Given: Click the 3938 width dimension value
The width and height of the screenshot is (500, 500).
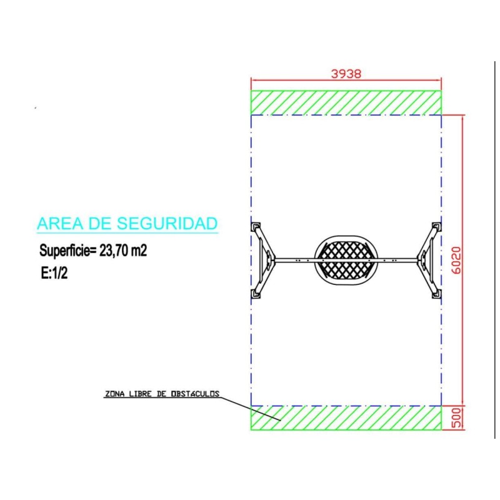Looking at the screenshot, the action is click(346, 74).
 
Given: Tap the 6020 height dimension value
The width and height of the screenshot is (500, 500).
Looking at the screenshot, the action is click(457, 260).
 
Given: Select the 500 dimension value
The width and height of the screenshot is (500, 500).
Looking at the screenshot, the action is click(457, 417).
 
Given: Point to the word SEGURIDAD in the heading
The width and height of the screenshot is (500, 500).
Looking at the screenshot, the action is click(167, 223).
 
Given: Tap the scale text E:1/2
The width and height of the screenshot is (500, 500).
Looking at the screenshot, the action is click(54, 273).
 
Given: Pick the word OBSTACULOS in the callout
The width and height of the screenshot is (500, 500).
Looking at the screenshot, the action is click(195, 394).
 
